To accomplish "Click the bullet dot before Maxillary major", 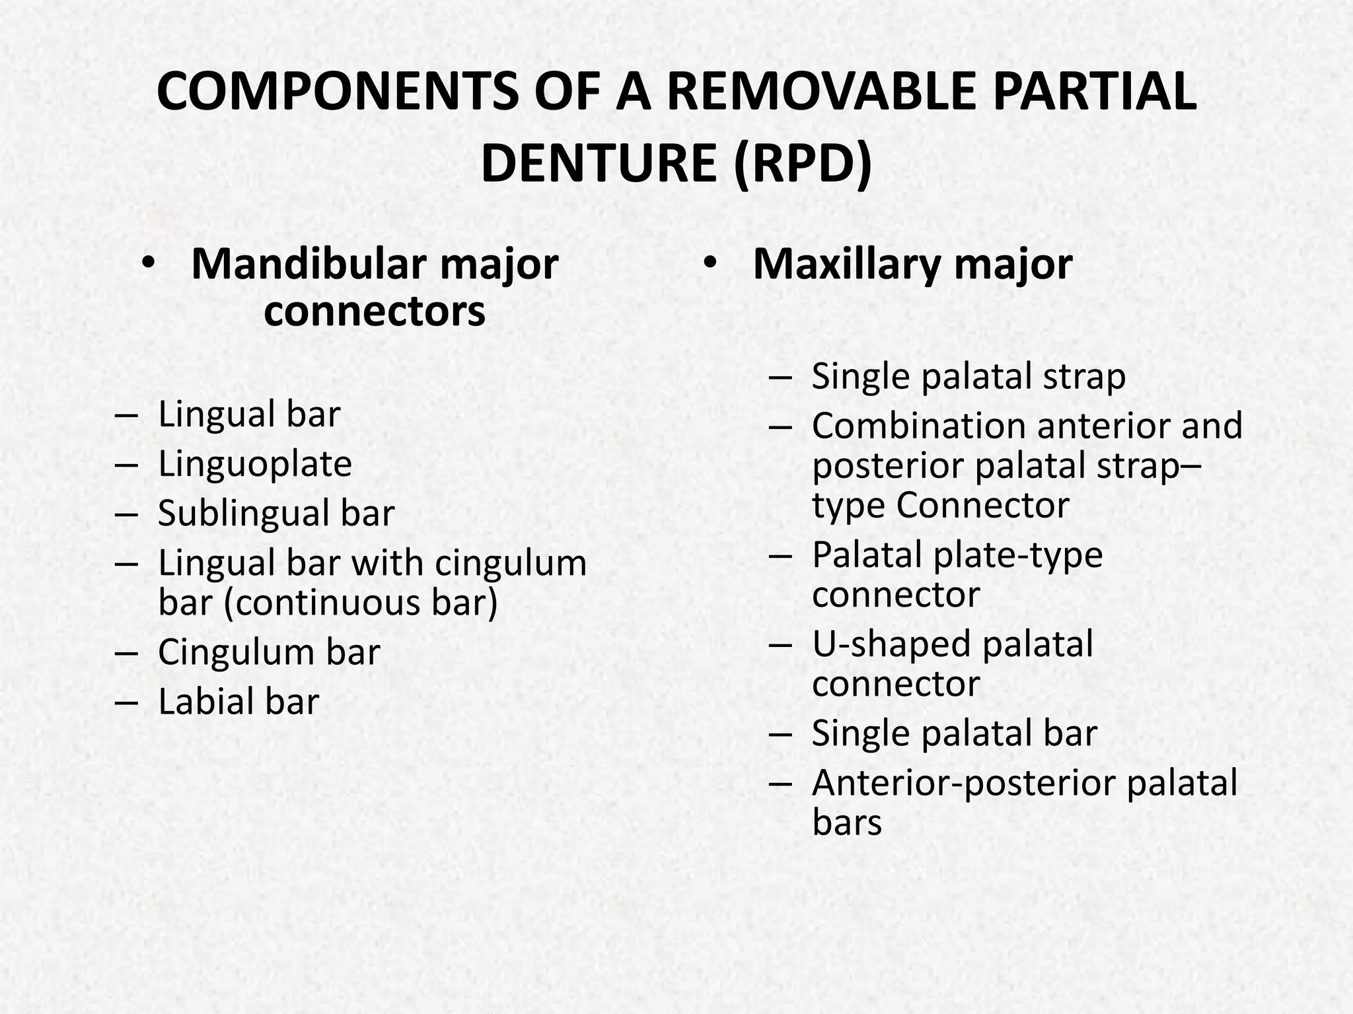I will [x=710, y=263].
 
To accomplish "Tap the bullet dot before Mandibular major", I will [x=148, y=263].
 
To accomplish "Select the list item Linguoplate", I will [x=254, y=463].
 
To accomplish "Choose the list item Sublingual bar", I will [x=276, y=513].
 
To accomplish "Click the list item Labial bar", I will [x=238, y=701].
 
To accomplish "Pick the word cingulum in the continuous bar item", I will [x=510, y=563].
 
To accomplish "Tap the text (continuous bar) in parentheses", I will [x=361, y=602].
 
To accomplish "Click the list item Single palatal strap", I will [x=968, y=376].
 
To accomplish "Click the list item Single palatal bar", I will [x=954, y=733].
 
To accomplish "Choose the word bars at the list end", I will [x=846, y=823].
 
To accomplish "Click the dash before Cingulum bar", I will [x=126, y=652].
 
